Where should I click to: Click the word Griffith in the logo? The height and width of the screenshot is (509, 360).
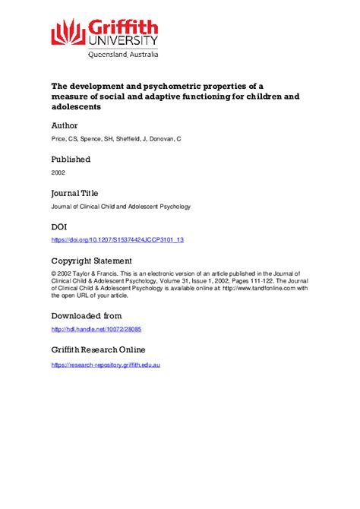[x=122, y=24]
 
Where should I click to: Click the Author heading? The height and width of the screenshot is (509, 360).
[x=64, y=125]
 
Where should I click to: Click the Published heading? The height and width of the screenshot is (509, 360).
[x=71, y=160]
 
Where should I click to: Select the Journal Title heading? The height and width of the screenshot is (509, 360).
[x=74, y=193]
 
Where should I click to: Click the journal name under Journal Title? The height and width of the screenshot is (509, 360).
[x=121, y=207]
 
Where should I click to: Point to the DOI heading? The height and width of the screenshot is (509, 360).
[x=60, y=226]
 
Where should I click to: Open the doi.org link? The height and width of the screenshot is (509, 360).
[x=118, y=240]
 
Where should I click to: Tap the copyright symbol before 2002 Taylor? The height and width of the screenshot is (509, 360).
[x=53, y=273]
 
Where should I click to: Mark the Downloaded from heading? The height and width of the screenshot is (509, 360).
[x=86, y=315]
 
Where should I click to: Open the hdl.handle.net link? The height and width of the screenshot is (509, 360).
[x=96, y=329]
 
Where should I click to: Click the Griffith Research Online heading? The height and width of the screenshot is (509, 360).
[x=98, y=349]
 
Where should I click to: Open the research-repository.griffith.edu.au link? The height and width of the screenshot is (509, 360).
[x=106, y=365]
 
